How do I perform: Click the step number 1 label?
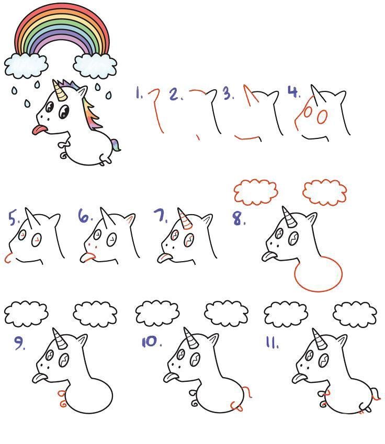click(139, 93)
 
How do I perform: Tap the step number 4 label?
click(294, 92)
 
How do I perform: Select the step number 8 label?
click(239, 219)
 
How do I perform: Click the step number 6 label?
click(85, 216)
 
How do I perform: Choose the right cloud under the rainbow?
click(95, 65)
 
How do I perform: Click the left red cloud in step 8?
click(256, 192)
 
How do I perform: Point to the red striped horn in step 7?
click(185, 218)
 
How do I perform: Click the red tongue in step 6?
click(87, 257)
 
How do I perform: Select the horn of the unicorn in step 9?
click(60, 338)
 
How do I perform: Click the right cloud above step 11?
click(355, 314)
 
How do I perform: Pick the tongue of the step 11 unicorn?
click(299, 378)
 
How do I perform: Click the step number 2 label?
click(176, 95)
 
